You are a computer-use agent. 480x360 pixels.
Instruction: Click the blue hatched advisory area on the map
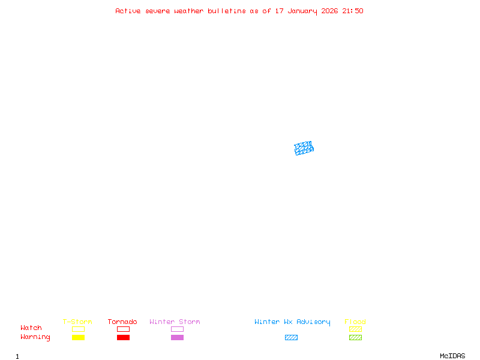pos(304,148)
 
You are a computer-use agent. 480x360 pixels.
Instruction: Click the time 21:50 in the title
pos(353,11)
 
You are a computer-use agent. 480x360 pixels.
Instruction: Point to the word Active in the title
pos(128,11)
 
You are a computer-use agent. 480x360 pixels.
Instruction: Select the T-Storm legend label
pos(77,322)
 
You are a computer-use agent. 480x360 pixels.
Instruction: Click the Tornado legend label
pos(122,322)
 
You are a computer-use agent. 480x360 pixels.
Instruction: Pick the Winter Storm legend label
pos(175,322)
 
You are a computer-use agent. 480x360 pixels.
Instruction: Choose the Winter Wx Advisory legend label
pos(292,322)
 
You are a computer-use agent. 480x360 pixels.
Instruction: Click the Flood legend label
pos(355,322)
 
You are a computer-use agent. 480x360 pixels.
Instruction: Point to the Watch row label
pos(31,328)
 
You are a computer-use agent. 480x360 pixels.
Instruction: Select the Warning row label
pos(35,337)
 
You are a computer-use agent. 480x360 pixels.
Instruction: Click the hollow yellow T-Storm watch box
pos(78,329)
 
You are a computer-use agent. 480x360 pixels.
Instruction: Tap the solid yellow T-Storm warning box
pos(78,337)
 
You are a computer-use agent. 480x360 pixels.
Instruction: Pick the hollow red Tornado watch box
pos(123,329)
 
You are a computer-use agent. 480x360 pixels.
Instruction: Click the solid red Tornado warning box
pos(123,337)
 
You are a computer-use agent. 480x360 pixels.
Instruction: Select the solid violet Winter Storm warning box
pos(177,337)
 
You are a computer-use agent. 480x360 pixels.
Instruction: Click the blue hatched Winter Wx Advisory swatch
pos(291,337)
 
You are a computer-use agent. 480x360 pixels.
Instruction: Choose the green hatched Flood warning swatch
pos(355,337)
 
